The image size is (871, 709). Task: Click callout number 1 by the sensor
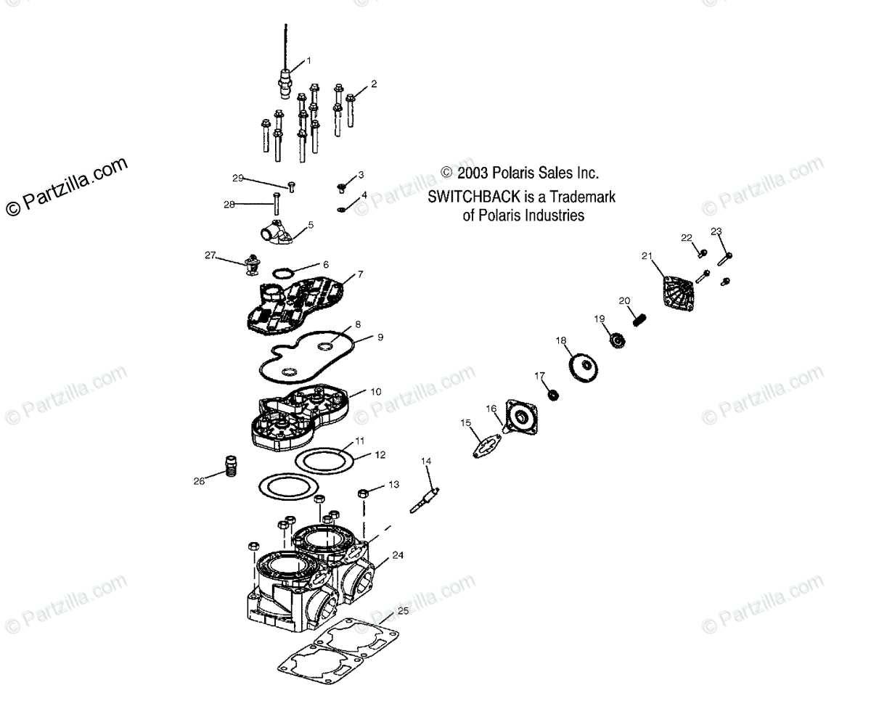tap(308, 60)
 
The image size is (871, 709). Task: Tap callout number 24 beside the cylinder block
tap(397, 555)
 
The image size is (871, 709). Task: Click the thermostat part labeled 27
tap(253, 264)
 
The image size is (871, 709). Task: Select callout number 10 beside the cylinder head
tap(375, 391)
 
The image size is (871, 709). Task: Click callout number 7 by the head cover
tap(361, 275)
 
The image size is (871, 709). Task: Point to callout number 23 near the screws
tap(716, 231)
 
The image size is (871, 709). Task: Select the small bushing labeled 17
tap(552, 396)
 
